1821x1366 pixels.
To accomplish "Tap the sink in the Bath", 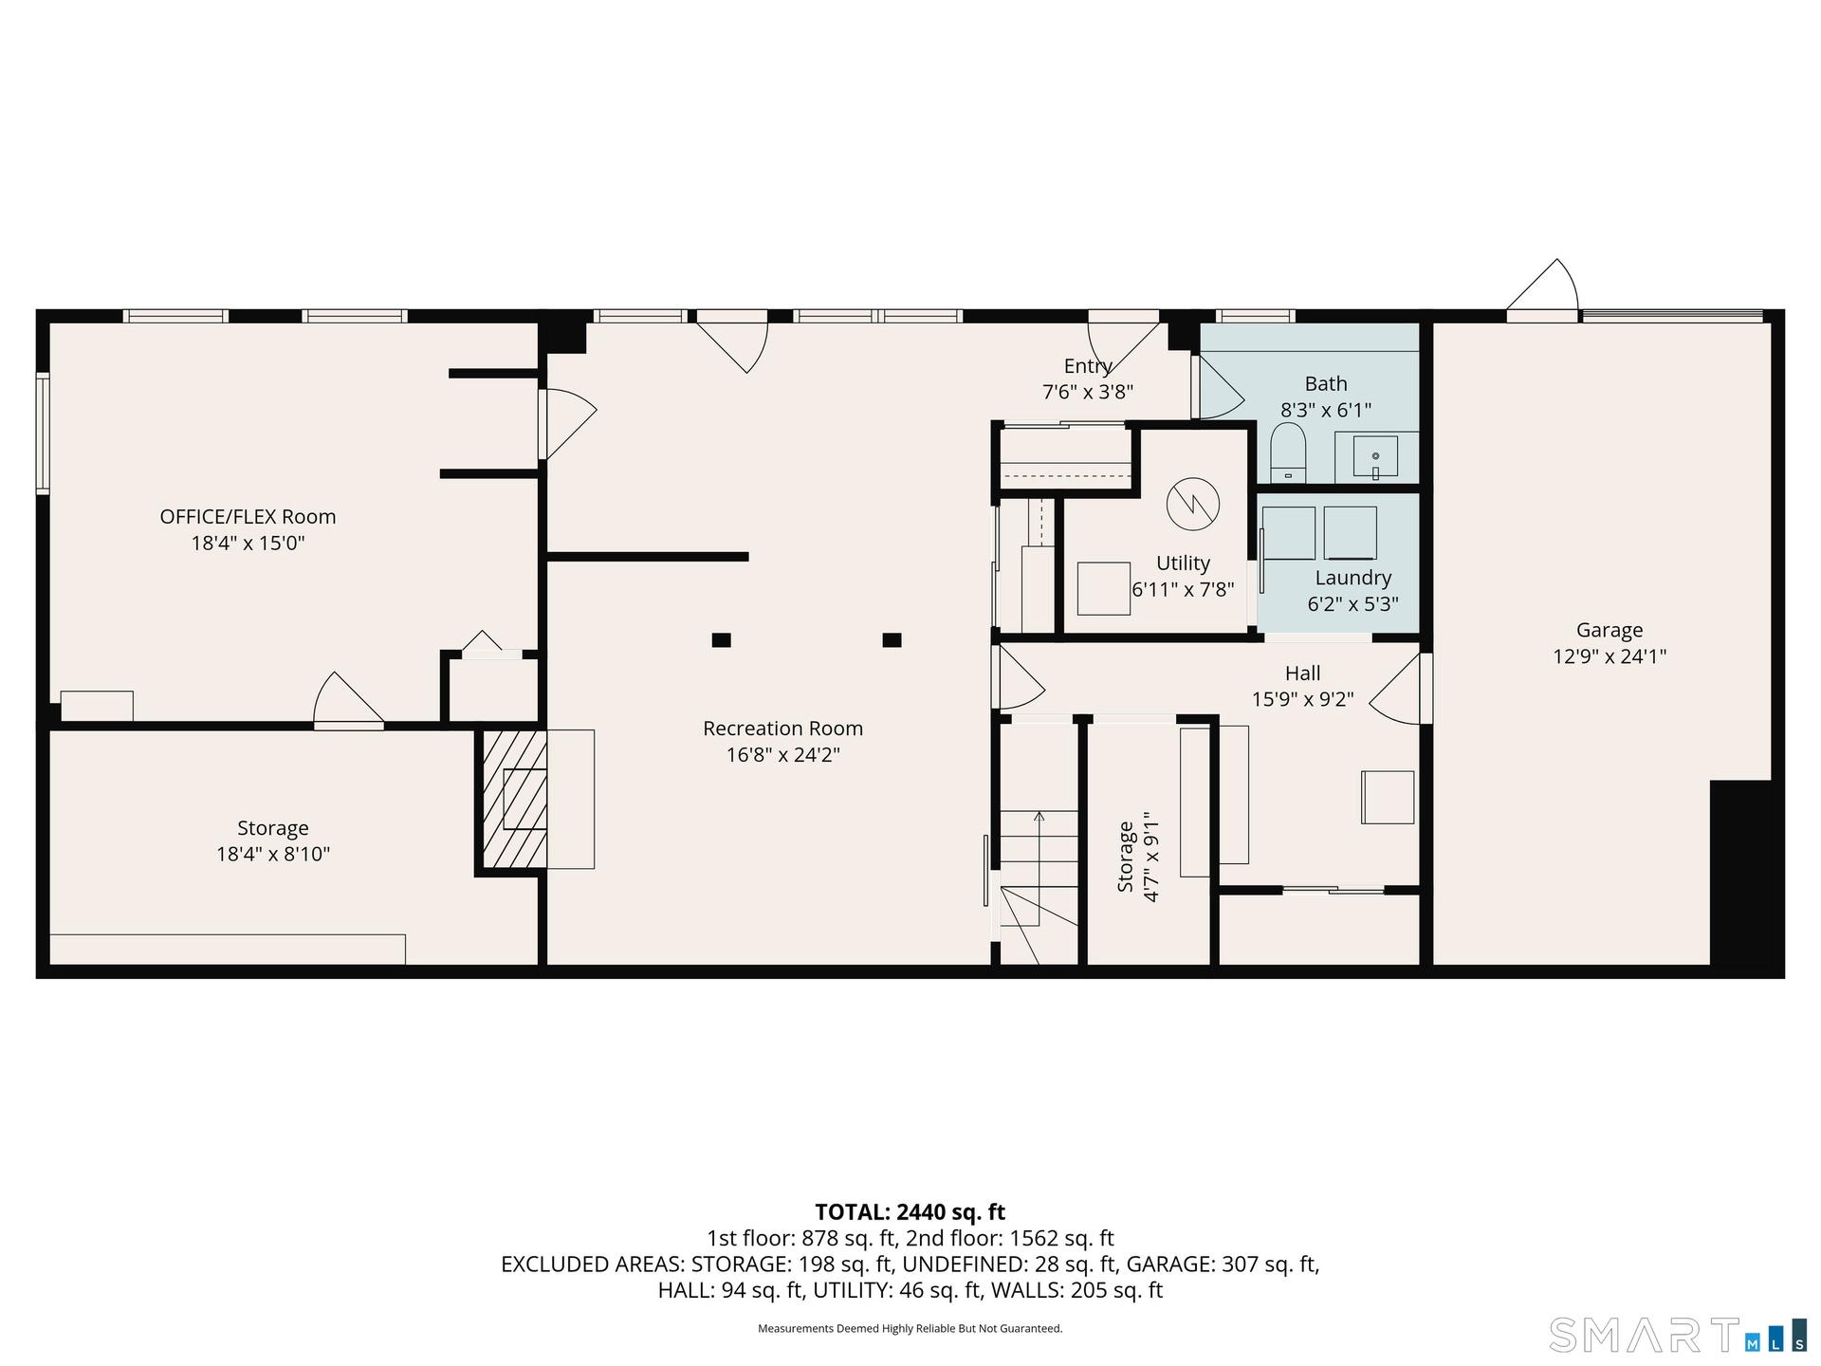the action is [x=1375, y=457].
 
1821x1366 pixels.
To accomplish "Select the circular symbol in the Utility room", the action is [x=1193, y=504].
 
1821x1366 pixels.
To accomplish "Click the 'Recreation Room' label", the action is [x=782, y=729].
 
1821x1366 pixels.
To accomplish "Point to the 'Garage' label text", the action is [x=1609, y=630].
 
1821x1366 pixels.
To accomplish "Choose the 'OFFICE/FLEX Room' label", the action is [x=248, y=517].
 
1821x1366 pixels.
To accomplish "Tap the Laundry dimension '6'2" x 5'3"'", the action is [x=1352, y=604].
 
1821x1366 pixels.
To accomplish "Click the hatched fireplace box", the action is [x=515, y=799].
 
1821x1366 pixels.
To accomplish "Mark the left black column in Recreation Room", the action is [x=721, y=640].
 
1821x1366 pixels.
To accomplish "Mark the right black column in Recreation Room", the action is [x=892, y=640].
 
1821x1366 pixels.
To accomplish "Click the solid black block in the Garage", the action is [x=1740, y=873].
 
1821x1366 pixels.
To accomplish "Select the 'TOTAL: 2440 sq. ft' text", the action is [x=910, y=1212].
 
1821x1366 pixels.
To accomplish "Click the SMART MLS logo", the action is [x=1677, y=1335].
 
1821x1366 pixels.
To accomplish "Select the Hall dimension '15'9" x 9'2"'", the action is [x=1302, y=699].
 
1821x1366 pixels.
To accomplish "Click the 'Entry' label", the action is [x=1088, y=366].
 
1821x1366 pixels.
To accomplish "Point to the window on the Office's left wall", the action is [x=43, y=433].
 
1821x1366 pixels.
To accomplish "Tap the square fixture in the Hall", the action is [x=1388, y=797].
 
